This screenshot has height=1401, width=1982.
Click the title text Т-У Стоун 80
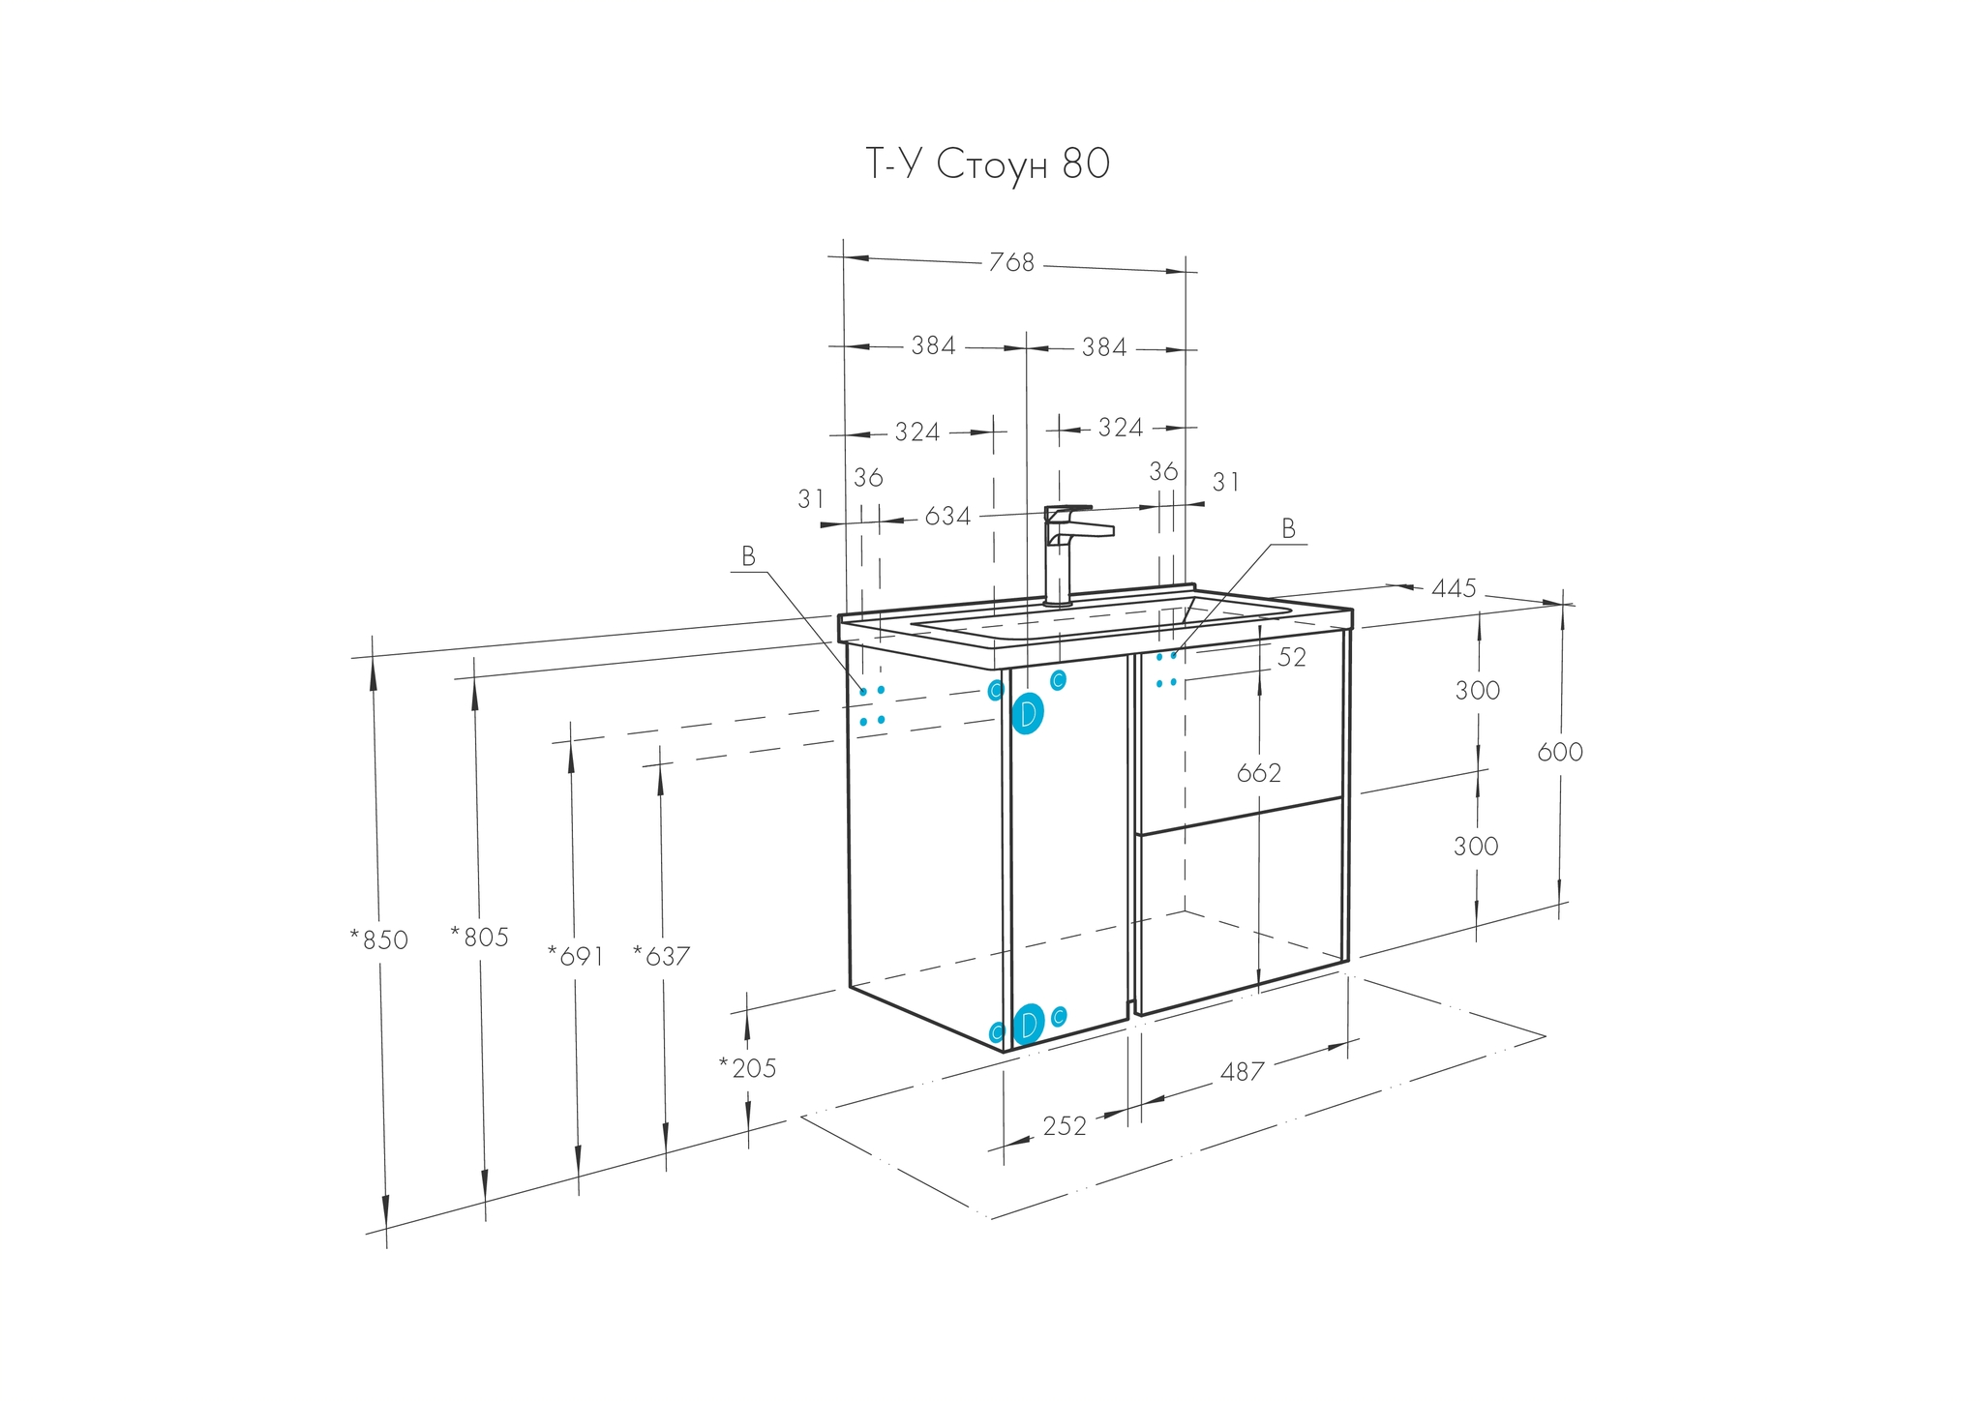pos(986,165)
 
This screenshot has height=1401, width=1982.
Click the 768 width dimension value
pos(1011,263)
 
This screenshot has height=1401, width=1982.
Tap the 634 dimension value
pos(947,517)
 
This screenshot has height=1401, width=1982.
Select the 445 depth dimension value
pos(1454,588)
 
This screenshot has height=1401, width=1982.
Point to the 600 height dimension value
pos(1560,752)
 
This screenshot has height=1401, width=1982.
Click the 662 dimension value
pos(1259,773)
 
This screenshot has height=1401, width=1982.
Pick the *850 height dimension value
pos(379,939)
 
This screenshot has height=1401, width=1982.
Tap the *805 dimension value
pos(480,937)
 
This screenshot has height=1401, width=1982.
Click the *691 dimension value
pos(576,956)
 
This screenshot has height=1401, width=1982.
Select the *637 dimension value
pos(662,956)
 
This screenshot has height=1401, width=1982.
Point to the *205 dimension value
pos(748,1068)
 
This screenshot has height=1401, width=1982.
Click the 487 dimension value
pos(1243,1072)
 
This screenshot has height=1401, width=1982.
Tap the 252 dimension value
pos(1065,1126)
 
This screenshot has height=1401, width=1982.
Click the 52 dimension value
pos(1292,658)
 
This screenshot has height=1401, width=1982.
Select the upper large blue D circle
pos(1028,714)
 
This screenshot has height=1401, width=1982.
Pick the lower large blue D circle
pos(1029,1024)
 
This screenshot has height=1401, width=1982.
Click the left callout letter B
pos(748,556)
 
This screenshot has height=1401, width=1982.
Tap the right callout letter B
pos(1288,528)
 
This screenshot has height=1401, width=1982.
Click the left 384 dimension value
pos(933,345)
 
